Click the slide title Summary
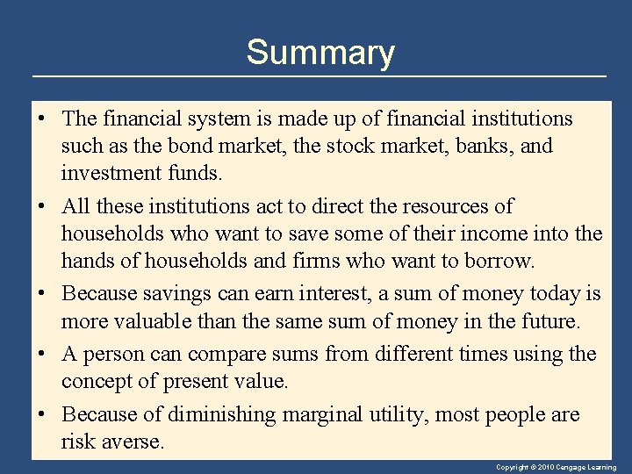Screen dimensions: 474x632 tap(320, 53)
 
